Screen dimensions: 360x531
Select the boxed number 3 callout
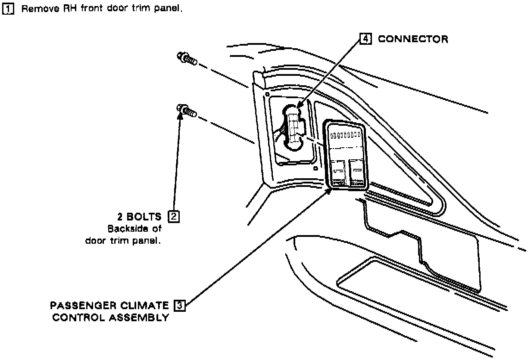[x=178, y=306]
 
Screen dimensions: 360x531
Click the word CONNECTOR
[x=413, y=39]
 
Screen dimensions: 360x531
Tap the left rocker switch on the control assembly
[x=337, y=172]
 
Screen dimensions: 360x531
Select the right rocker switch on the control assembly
[x=357, y=172]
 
